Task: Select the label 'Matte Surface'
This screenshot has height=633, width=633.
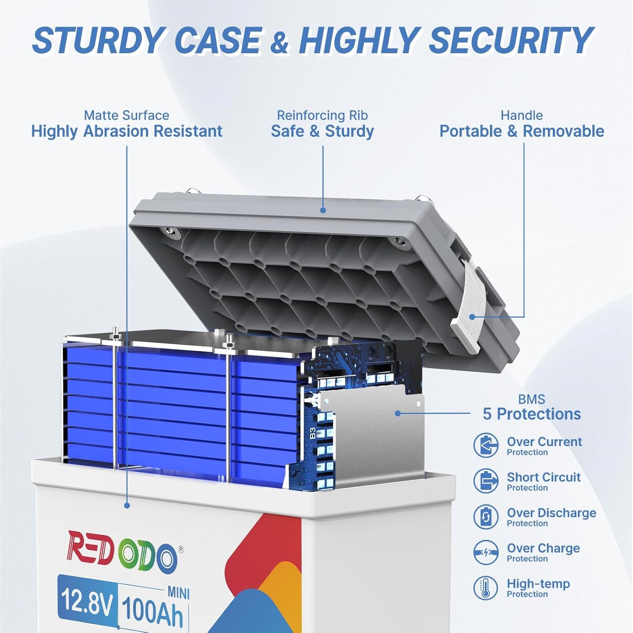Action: point(126,115)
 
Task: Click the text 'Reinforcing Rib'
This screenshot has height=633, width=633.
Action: point(322,115)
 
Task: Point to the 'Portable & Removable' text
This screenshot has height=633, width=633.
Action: point(521,131)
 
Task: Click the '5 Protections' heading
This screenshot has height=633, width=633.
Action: point(531,414)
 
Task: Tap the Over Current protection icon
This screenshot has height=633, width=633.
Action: point(486,446)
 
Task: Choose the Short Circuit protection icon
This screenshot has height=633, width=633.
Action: point(486,481)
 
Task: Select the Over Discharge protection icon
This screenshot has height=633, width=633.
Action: point(486,516)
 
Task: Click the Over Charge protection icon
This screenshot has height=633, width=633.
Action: point(486,552)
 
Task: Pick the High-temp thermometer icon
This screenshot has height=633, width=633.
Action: point(486,588)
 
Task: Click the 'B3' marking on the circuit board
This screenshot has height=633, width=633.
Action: point(312,433)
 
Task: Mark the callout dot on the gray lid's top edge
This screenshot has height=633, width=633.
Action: point(323,210)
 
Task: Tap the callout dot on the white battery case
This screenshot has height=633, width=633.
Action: point(127,506)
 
